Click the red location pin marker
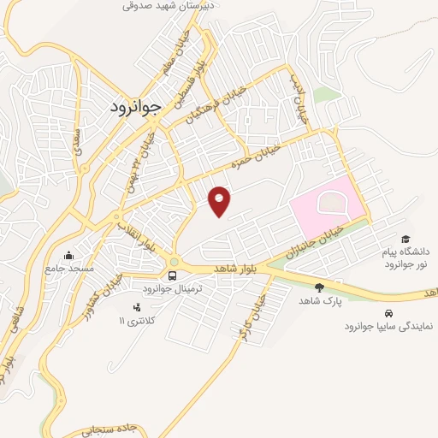tap(220, 201)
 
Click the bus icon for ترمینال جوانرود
tap(173, 275)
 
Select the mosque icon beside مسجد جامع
tap(69, 255)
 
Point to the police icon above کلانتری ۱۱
tap(135, 307)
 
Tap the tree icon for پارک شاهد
tap(320, 287)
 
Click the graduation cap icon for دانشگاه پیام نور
tap(405, 240)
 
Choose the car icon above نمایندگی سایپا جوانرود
tap(389, 312)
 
